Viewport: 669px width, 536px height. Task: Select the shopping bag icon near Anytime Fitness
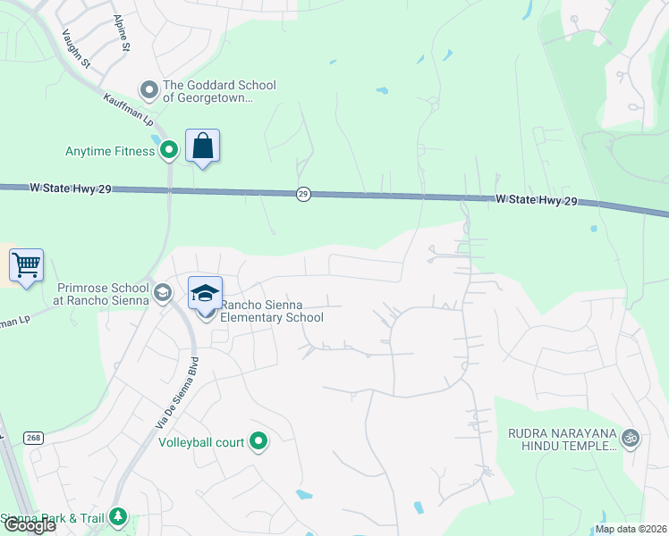coord(203,146)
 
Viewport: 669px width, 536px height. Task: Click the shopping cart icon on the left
coord(26,264)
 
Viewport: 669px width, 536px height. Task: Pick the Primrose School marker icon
coord(163,293)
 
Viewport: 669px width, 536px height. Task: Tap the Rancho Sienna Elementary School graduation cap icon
coord(205,294)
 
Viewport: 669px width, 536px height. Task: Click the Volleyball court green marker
coord(258,441)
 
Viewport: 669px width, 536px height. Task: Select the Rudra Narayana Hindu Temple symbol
coord(631,437)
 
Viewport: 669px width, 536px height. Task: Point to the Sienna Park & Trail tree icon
coord(117,517)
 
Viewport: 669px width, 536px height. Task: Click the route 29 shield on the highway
coord(304,194)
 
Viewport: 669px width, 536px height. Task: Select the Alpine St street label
coord(123,33)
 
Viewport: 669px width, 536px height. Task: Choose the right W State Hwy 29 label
coord(536,201)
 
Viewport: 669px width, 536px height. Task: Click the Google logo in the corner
coord(29,525)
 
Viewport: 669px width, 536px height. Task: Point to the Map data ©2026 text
coord(631,529)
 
